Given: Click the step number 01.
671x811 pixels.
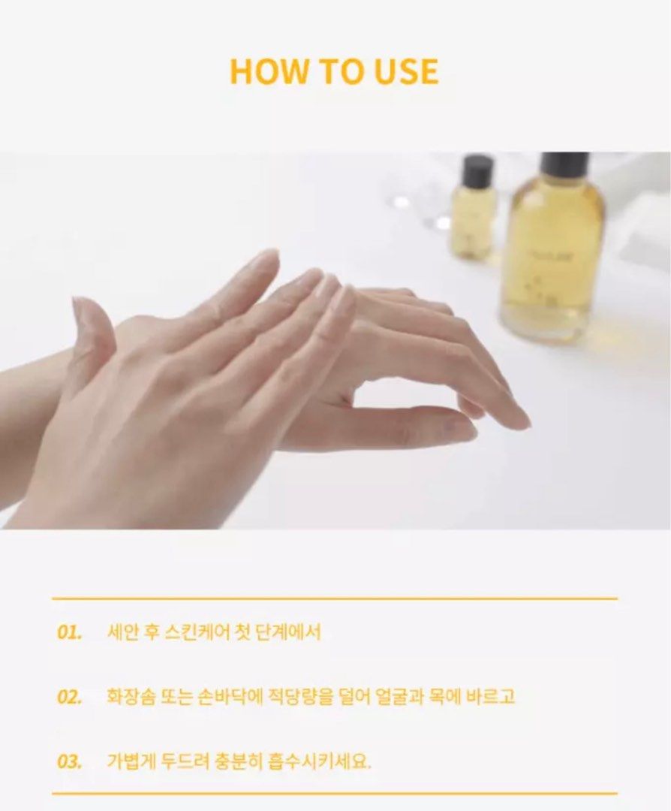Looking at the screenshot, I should click(x=69, y=632).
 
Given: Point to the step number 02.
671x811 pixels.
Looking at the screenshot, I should click(x=69, y=697).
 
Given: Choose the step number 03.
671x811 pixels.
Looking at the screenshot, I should click(x=69, y=761).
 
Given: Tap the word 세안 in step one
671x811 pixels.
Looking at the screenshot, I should click(x=122, y=632).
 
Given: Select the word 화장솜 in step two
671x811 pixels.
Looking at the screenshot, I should click(x=127, y=697).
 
